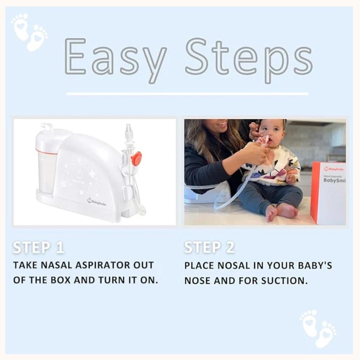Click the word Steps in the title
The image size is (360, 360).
[248, 58]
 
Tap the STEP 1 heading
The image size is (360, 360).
[39, 248]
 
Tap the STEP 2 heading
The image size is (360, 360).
[210, 248]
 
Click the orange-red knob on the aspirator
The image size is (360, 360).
[136, 158]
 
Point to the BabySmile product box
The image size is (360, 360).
[328, 193]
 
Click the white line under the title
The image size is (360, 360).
[187, 94]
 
